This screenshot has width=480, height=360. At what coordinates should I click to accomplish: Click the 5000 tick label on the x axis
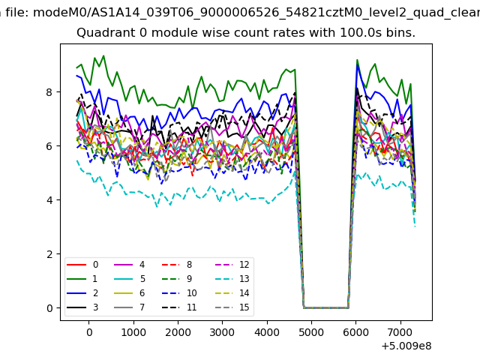310,331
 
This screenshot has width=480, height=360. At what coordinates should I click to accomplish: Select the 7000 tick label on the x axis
400,331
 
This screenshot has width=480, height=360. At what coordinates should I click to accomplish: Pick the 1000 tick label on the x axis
133,331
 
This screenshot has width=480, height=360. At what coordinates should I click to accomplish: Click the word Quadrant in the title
101,34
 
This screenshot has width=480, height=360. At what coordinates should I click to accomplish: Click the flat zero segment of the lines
325,307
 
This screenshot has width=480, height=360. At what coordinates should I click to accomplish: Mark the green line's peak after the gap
357,60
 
